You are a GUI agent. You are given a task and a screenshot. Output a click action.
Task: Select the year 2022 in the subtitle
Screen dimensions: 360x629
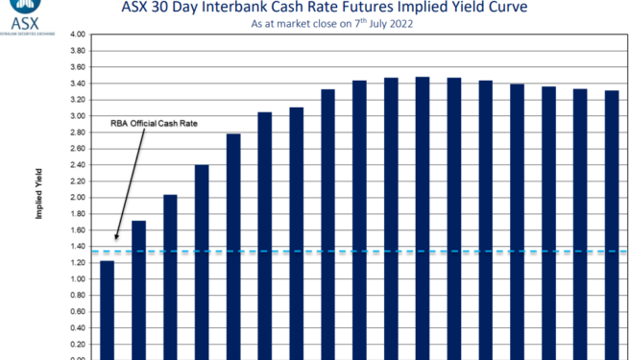point(399,24)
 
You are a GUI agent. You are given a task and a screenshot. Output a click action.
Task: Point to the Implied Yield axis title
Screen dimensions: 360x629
point(38,196)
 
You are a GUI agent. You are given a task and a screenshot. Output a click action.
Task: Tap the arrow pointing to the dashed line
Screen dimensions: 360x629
point(131,181)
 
